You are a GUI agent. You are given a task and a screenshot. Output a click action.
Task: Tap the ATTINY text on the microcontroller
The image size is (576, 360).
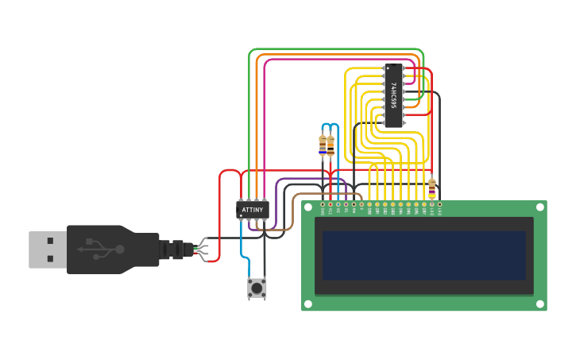coord(253,210)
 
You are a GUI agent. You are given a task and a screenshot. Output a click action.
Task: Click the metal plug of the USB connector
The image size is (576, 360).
coord(47,249)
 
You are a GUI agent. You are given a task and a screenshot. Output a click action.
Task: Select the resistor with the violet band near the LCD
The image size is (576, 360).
coord(431,188)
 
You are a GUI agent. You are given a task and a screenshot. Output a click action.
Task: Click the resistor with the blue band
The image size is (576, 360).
coord(323,146)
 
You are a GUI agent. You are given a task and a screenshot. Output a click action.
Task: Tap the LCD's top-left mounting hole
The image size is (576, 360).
coord(308,207)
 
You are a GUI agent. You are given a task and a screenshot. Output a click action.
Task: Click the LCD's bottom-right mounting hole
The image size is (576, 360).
coord(539,304)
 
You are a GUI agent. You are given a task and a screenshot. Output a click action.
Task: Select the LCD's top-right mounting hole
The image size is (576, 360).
coord(539,207)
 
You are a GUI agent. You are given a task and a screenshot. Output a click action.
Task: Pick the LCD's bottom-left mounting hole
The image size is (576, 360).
coord(308,304)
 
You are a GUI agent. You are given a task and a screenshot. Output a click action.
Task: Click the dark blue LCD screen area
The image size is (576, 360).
coord(423,255)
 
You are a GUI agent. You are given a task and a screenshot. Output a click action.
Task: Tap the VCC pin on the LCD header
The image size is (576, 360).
coord(331,204)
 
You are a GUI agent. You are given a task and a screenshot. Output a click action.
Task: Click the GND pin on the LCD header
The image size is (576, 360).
coord(323,204)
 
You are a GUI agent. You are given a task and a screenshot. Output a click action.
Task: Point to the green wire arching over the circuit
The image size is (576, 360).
coord(334,49)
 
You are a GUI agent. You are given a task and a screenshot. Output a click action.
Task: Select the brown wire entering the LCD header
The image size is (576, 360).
coord(318,194)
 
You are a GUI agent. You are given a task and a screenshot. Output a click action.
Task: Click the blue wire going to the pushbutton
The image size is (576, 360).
coord(241,246)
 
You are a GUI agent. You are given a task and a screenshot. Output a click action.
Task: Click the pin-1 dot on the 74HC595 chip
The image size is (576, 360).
coord(388,68)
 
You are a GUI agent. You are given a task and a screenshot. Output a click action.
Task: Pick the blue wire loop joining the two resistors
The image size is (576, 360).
coord(327,125)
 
